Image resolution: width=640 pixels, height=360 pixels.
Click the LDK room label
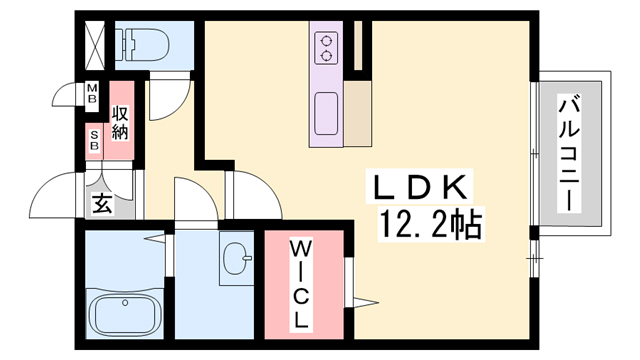(x=421, y=187)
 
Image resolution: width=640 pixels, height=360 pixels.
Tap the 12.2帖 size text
(x=431, y=224)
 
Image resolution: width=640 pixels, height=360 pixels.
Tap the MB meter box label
(x=92, y=96)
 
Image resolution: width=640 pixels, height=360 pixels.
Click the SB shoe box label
(x=94, y=140)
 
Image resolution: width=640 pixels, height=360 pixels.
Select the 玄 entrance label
(x=102, y=204)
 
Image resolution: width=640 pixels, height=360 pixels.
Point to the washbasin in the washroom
(x=238, y=259)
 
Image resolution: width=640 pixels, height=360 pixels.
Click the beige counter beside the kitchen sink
(x=358, y=110)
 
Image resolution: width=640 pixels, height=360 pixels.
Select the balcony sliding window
(x=534, y=155)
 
